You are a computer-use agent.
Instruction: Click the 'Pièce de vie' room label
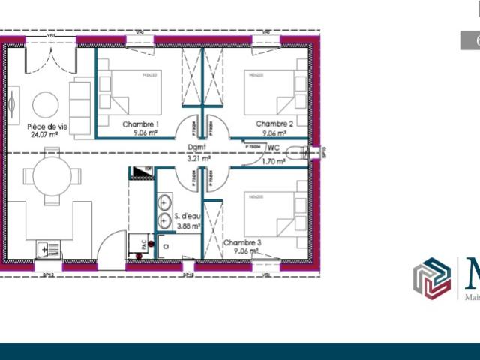pos(47,127)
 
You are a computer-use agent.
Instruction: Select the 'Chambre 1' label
pos(140,124)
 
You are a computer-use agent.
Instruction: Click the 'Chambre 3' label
pos(242,243)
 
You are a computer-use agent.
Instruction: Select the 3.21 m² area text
pos(198,159)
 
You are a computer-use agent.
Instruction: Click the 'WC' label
pos(274,149)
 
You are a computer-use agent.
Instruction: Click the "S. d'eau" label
pos(187,216)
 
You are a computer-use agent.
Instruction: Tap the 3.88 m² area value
pos(187,225)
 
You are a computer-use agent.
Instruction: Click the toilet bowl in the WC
pos(303,153)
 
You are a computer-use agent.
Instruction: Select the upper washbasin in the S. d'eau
pos(164,202)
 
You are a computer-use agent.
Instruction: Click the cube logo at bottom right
pos(432,279)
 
